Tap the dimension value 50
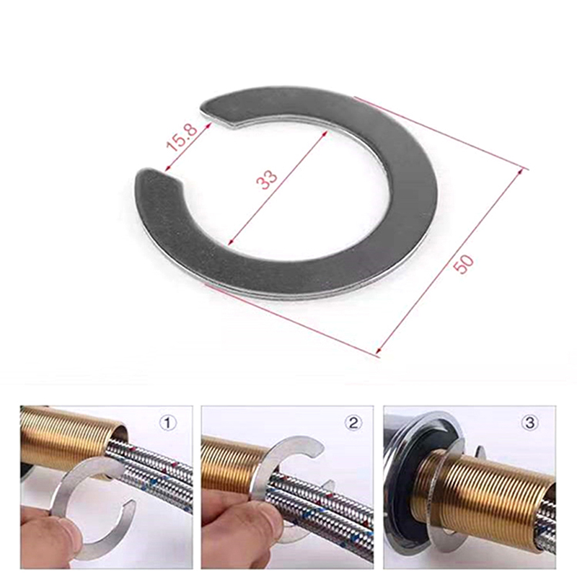pos(463,263)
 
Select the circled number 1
pos(167,423)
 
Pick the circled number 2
pos(353,423)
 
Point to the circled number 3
pos(529,423)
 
